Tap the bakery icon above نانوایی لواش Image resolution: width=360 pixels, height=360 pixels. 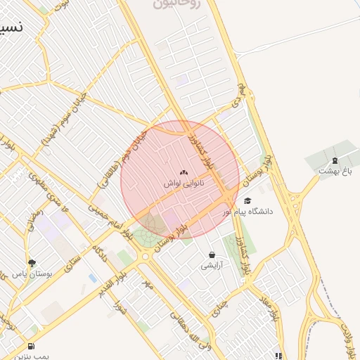[184, 172]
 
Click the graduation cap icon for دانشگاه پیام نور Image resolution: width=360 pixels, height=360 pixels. [247, 201]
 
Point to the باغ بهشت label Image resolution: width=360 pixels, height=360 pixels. [335, 171]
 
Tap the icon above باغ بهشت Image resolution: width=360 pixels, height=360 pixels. [335, 161]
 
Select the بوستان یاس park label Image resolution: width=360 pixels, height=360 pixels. [32, 274]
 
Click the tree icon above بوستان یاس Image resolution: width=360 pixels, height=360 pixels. [32, 263]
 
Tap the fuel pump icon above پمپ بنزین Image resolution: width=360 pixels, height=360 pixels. [31, 347]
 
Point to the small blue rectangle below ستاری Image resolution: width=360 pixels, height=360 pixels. [93, 278]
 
